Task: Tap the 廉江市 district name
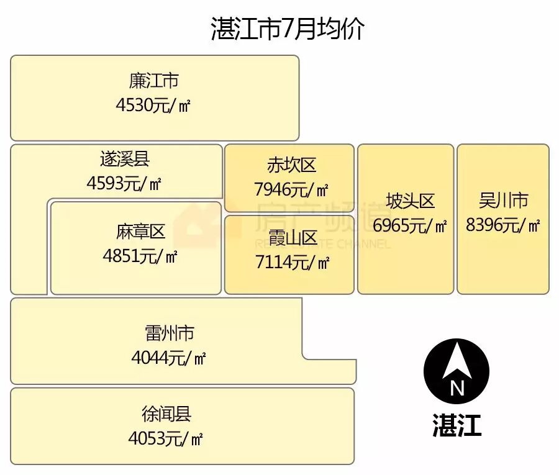click(154, 81)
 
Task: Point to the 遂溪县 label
click(124, 159)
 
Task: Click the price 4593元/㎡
click(124, 183)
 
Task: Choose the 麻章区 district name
click(140, 232)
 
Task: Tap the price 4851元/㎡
click(140, 256)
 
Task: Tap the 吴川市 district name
click(503, 201)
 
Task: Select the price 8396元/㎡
click(503, 225)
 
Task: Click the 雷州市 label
click(169, 333)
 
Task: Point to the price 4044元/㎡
click(169, 358)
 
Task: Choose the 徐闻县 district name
click(166, 414)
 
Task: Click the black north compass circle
click(457, 371)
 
